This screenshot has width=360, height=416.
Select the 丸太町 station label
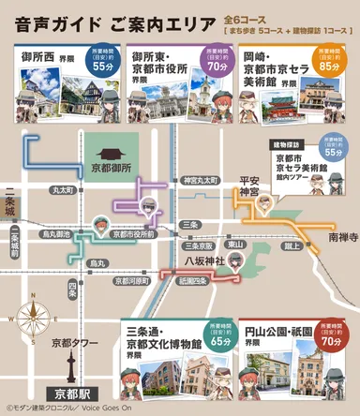[63, 190]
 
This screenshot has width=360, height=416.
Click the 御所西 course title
[44, 58]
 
